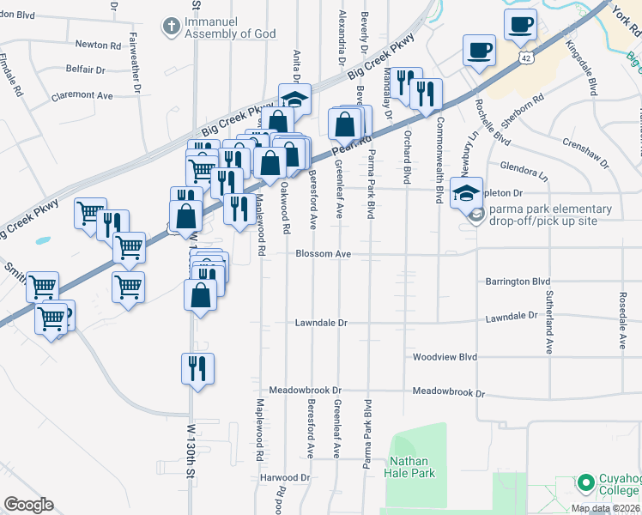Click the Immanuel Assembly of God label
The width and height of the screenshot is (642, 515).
(x=233, y=27)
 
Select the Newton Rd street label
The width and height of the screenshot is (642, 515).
(x=98, y=45)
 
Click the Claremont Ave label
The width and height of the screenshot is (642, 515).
(x=82, y=95)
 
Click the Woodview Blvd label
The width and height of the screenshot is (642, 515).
(x=444, y=356)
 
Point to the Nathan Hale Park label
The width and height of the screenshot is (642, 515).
(x=413, y=467)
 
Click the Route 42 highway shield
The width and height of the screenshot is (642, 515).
(x=525, y=56)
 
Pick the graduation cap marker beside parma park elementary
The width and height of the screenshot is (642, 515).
(x=468, y=192)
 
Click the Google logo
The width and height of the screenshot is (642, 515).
(x=29, y=504)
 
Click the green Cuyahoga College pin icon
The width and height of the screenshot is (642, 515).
(x=586, y=484)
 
